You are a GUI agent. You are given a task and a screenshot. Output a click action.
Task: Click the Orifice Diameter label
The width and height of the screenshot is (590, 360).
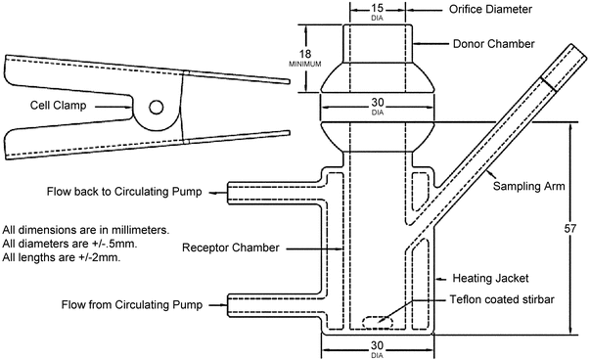490,9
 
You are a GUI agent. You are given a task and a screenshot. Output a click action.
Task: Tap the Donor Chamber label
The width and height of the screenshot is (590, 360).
493,44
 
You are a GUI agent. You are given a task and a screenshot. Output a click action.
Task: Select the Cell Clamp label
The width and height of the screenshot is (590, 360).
58,105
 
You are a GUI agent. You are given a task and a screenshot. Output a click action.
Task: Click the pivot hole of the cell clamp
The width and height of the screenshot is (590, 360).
157,108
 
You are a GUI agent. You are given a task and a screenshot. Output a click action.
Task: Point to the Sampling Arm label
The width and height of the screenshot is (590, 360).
528,186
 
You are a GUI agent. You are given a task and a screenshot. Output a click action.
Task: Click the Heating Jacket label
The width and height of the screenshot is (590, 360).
490,279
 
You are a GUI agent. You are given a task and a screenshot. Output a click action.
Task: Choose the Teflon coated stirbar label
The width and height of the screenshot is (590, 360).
502,299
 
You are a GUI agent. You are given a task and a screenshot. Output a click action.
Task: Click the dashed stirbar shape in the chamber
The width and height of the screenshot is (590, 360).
378,323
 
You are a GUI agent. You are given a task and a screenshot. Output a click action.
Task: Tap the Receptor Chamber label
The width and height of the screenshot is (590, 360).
231,247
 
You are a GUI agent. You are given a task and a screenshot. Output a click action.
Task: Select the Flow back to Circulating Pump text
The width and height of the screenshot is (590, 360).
124,192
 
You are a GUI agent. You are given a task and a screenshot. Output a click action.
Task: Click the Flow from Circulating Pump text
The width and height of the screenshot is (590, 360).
132,304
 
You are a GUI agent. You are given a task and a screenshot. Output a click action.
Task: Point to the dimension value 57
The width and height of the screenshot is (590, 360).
570,228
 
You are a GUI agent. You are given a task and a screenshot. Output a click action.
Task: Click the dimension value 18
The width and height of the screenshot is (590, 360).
305,54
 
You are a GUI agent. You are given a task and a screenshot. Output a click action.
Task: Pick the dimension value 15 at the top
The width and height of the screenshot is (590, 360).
377,8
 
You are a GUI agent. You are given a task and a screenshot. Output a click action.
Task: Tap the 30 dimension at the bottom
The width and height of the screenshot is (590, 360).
377,345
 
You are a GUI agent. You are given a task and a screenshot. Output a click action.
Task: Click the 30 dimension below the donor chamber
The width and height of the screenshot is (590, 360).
378,103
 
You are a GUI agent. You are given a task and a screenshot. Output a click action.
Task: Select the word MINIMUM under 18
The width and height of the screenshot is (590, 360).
305,64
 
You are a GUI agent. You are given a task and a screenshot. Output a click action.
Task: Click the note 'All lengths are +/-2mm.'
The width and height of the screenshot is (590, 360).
62,257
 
